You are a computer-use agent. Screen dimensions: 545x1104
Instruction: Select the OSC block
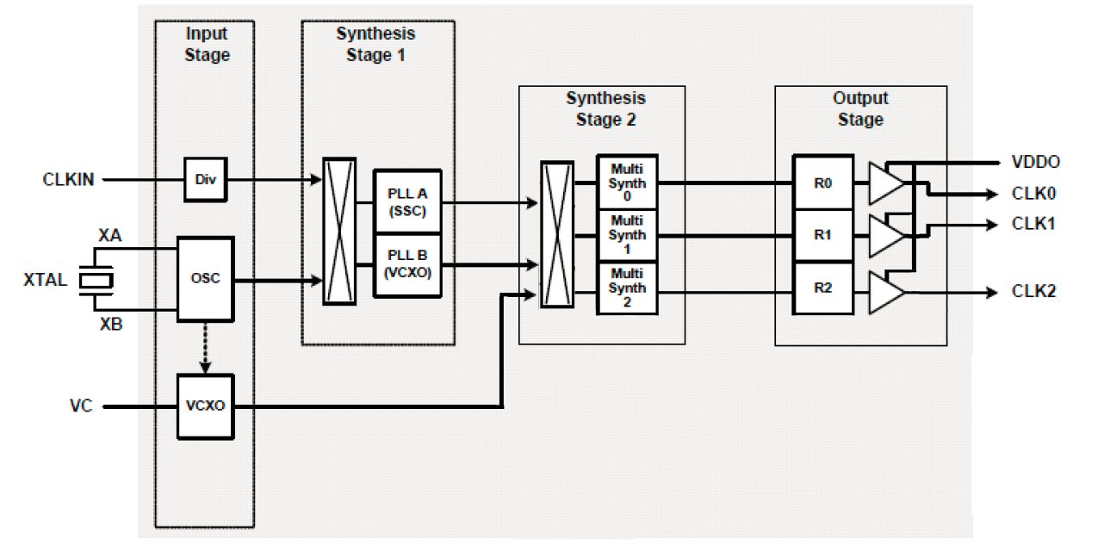(x=205, y=280)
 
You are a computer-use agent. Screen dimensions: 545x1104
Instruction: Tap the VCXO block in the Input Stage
(x=205, y=403)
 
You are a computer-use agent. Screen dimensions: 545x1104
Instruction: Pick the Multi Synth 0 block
(x=626, y=183)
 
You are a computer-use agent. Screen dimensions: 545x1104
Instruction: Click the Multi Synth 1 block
(x=626, y=235)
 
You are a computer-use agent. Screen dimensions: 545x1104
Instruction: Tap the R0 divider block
(x=823, y=183)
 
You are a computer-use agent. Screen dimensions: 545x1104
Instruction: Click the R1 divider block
(x=823, y=235)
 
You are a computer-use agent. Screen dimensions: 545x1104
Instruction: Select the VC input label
(x=77, y=403)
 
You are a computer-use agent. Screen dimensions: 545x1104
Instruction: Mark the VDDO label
(x=1036, y=162)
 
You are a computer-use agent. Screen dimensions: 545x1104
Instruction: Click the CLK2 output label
(x=1034, y=292)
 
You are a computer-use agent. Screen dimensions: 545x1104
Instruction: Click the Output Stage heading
(x=859, y=108)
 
